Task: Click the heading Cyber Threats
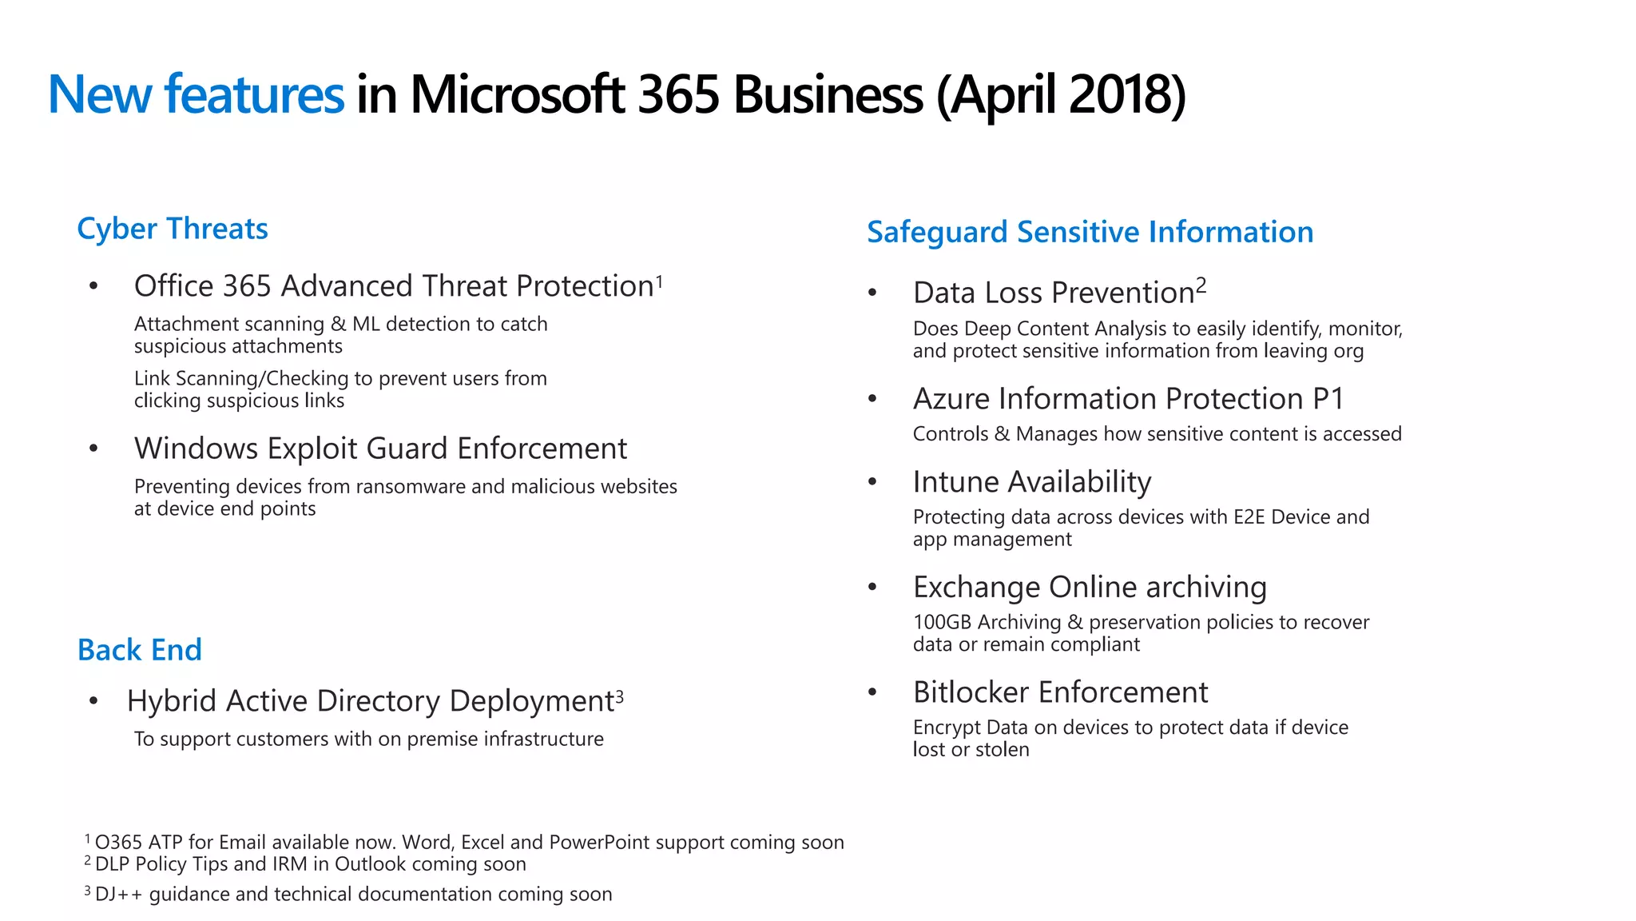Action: click(x=173, y=229)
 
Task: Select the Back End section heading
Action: click(x=140, y=650)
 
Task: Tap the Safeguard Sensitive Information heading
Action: click(x=1090, y=232)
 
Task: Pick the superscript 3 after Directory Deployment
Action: click(x=619, y=695)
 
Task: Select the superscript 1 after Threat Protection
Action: click(x=659, y=280)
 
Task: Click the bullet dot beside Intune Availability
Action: click(x=872, y=481)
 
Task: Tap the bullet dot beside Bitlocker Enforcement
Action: click(x=872, y=692)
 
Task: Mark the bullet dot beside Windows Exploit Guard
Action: click(x=93, y=449)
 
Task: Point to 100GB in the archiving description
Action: click(x=943, y=622)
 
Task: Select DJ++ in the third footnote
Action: click(x=119, y=894)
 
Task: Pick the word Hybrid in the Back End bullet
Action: click(x=172, y=701)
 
